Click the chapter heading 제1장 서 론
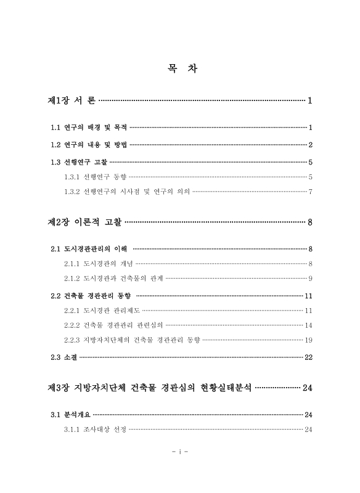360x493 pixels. tap(72, 100)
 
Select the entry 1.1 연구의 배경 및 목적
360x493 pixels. tap(89, 128)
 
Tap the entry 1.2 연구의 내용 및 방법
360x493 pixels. tap(89, 145)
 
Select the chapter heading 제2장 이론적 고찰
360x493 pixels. tap(86, 221)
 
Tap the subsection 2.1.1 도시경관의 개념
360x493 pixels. tap(99, 264)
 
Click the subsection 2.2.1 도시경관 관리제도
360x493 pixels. tap(102, 310)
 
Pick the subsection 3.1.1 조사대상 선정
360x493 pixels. tap(95, 429)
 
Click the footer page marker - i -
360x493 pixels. tap(180, 452)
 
